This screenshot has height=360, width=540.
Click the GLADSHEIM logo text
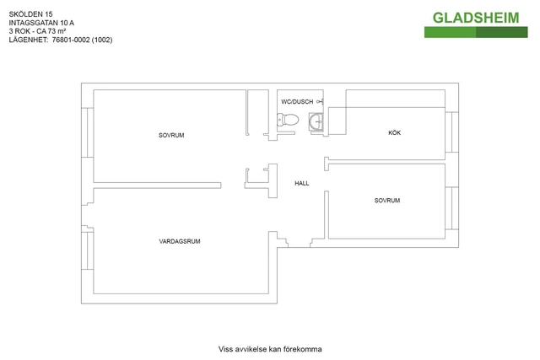pos(476,18)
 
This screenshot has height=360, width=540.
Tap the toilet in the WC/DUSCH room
pos(288,120)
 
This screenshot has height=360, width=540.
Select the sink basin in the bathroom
pos(316,121)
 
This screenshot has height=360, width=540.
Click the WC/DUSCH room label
pos(297,102)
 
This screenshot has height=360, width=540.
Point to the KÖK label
pos(395,132)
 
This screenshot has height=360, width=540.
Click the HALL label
pos(302,184)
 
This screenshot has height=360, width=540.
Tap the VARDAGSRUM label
pos(180,241)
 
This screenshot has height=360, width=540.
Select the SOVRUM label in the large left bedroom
pos(171,135)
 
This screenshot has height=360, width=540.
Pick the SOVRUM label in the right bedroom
pos(387,201)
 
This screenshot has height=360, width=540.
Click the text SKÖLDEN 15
pos(30,14)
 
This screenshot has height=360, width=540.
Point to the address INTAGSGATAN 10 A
pos(41,23)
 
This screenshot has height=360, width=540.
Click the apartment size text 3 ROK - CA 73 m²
pos(37,31)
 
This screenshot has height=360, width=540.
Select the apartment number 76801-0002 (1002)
pos(83,40)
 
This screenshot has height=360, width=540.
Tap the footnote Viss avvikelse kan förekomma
pos(270,349)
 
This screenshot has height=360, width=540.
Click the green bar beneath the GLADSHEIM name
pos(476,32)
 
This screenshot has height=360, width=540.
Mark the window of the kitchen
pos(452,132)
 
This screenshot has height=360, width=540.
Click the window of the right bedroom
pos(452,208)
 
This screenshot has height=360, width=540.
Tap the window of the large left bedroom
pos(88,132)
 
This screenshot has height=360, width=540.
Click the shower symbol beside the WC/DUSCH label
pos(321,101)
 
